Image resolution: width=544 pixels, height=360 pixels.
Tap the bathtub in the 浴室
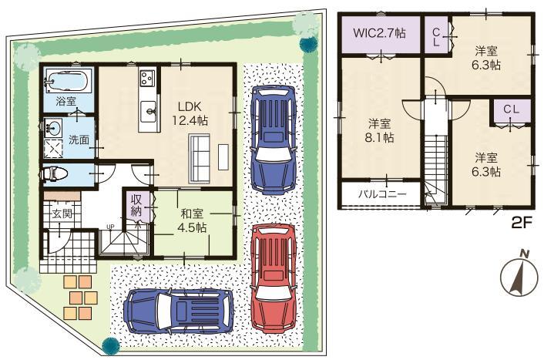[x=68, y=80]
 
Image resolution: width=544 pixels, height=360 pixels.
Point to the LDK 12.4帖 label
[x=190, y=113]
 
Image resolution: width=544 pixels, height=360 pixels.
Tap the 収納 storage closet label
[x=136, y=205]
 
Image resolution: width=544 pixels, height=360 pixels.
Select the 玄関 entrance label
[x=62, y=214]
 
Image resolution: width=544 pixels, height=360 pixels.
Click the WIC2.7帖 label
[x=380, y=35]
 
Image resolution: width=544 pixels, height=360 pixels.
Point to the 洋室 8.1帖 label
[x=379, y=130]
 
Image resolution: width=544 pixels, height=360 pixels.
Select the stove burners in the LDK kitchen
[x=147, y=78]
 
